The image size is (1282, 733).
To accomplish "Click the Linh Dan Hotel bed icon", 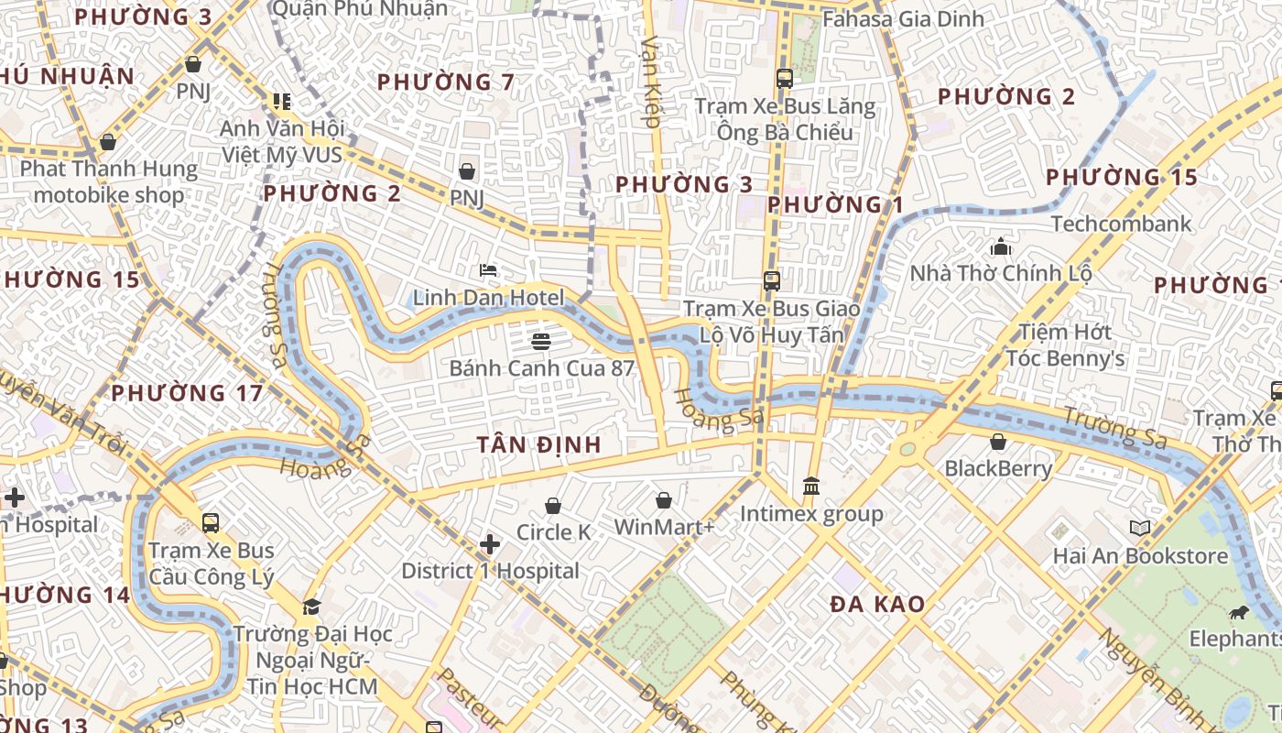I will pyautogui.click(x=489, y=270).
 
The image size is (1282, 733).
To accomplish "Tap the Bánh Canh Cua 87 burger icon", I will pyautogui.click(x=541, y=342).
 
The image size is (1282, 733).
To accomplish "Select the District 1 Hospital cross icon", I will pyautogui.click(x=490, y=544).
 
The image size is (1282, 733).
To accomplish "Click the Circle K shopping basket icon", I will pyautogui.click(x=553, y=506).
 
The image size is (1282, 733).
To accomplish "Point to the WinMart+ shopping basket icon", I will pyautogui.click(x=664, y=500).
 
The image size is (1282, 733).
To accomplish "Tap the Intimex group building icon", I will pyautogui.click(x=811, y=486).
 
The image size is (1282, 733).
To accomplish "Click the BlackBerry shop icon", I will pyautogui.click(x=998, y=442).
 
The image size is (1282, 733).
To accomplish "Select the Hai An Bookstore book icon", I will pyautogui.click(x=1139, y=529).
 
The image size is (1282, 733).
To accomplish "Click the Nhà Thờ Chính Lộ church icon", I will pyautogui.click(x=1000, y=246).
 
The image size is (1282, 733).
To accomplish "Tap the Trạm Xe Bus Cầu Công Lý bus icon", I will pyautogui.click(x=211, y=523).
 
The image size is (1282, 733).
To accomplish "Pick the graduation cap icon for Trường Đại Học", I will pyautogui.click(x=311, y=607).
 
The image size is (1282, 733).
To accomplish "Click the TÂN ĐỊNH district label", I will pyautogui.click(x=538, y=445).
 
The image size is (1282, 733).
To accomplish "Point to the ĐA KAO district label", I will pyautogui.click(x=877, y=605).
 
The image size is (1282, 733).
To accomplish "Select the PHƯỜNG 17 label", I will pyautogui.click(x=187, y=394).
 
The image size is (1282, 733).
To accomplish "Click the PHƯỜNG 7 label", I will pyautogui.click(x=446, y=82).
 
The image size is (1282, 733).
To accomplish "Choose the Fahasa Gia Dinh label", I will pyautogui.click(x=903, y=18).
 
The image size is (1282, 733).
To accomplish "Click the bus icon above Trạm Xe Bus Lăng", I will pyautogui.click(x=784, y=79).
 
